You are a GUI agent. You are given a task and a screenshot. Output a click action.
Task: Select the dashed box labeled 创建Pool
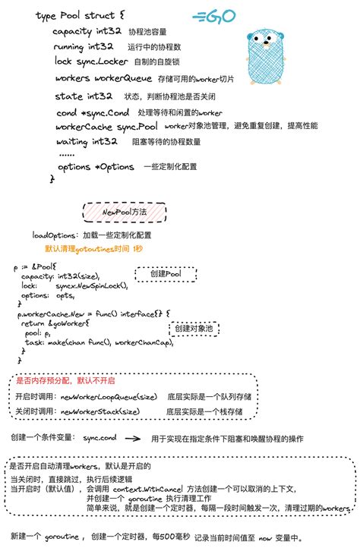coord(164,273)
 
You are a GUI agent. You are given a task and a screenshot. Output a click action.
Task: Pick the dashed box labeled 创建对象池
coord(194,329)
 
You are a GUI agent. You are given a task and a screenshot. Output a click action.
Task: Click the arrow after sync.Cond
coord(131,439)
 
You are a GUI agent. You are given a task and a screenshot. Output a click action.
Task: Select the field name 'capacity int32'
coord(84,32)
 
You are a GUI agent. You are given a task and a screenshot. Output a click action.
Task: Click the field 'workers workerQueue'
coord(94,78)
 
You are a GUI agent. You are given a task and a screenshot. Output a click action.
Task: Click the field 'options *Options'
coord(96,167)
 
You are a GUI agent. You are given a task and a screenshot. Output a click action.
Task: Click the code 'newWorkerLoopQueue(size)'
coord(109,397)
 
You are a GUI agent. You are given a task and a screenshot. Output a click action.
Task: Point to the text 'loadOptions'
coord(53,235)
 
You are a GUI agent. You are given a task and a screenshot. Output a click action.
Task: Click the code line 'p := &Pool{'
coord(36,267)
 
